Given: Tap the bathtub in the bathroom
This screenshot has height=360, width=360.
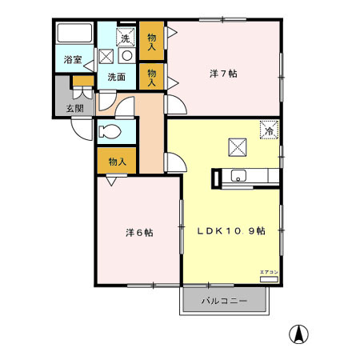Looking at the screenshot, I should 74,34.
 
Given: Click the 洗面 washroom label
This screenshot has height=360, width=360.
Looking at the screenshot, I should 116,77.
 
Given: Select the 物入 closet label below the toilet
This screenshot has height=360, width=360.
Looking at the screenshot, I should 117,162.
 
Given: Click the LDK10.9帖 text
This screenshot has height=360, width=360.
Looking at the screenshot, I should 231,230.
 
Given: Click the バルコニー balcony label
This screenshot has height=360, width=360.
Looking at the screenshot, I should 222,302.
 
